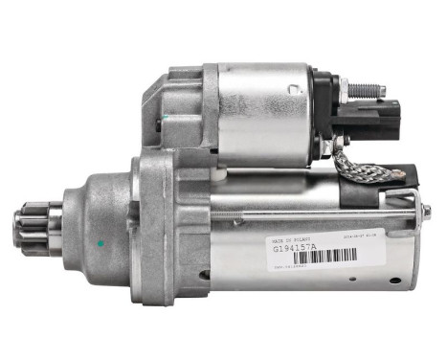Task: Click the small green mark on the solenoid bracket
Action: point(164,119)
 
